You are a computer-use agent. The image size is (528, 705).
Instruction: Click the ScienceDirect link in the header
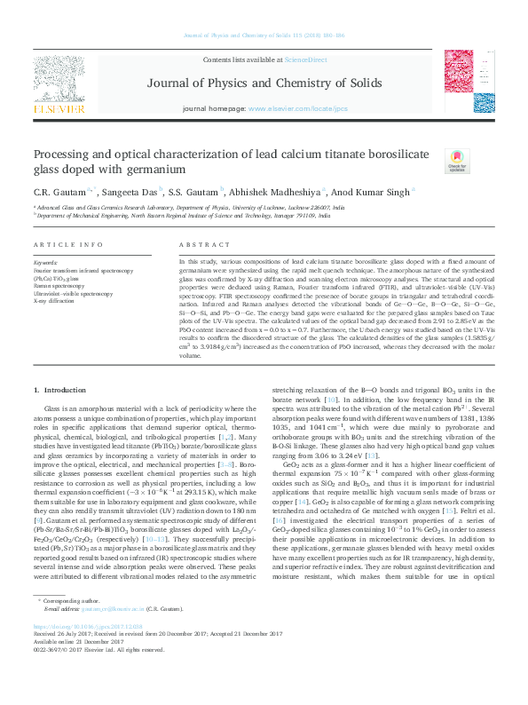point(304,58)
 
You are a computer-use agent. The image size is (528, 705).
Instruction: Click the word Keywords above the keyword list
point(45,263)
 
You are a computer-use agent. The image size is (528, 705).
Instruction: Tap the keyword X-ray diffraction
point(55,301)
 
